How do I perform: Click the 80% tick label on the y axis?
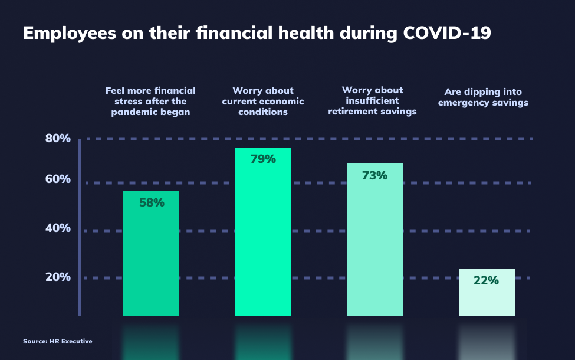[x=58, y=138]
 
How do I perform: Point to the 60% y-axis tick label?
[x=58, y=179]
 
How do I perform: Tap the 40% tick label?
[x=58, y=228]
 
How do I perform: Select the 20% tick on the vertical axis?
[x=58, y=277]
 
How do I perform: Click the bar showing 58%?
[x=151, y=253]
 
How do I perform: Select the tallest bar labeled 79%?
[x=262, y=232]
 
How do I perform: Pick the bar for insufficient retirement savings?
[x=374, y=240]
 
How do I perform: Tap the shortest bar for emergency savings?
[x=487, y=292]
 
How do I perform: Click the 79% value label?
[x=263, y=159]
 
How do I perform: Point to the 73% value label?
[x=374, y=175]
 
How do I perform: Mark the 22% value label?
[x=487, y=280]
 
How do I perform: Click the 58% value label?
[x=152, y=202]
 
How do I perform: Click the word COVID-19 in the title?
[x=447, y=33]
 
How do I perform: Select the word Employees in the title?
[x=70, y=34]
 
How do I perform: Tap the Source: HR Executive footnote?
[x=58, y=341]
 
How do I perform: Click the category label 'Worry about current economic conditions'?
[x=263, y=102]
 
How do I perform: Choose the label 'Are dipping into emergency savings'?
[x=484, y=97]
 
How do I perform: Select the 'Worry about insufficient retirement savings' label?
[x=372, y=100]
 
